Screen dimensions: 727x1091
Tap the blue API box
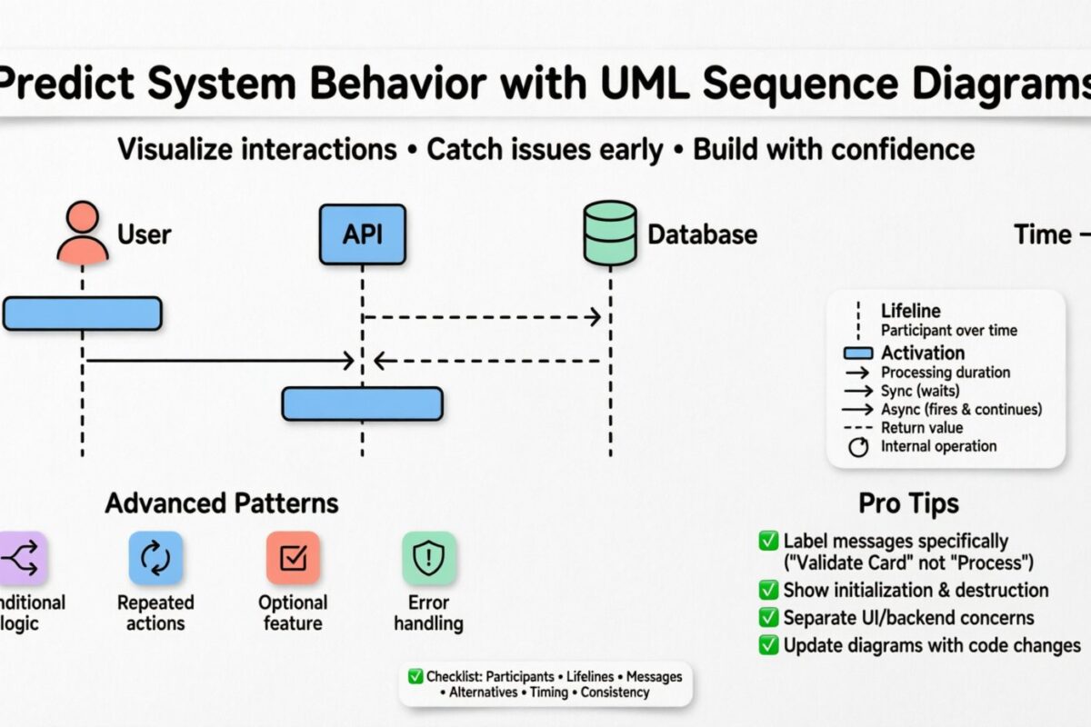pos(362,234)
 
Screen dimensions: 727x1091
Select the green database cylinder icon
pos(609,234)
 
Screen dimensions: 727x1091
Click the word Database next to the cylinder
pos(702,235)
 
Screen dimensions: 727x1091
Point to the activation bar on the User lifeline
pos(82,314)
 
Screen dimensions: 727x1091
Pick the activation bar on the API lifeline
pos(362,403)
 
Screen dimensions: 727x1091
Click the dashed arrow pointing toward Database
pos(482,316)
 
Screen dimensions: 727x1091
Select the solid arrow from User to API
pos(218,362)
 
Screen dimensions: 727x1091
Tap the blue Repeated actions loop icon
pos(155,558)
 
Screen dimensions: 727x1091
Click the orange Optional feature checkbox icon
pos(293,558)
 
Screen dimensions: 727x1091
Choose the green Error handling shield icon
pos(429,558)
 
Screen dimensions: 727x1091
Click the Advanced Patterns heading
pos(222,503)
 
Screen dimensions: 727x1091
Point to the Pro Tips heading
pos(908,503)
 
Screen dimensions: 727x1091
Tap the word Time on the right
pos(1043,235)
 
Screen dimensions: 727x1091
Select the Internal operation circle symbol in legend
pos(856,447)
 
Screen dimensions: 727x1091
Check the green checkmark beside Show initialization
pos(768,591)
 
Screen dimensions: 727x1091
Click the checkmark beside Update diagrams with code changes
pos(768,645)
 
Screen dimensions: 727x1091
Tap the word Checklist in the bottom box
pos(454,676)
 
